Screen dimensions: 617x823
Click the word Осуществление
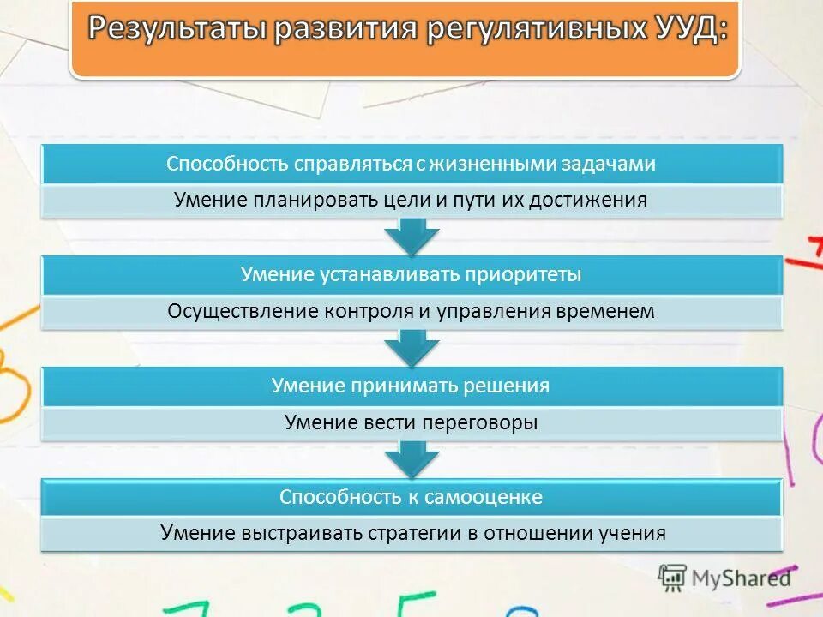click(x=243, y=312)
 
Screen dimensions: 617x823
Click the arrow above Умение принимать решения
click(x=411, y=348)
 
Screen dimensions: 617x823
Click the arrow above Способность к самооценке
click(x=411, y=459)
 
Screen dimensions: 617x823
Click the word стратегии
click(x=415, y=533)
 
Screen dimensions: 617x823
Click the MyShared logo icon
click(x=672, y=577)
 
